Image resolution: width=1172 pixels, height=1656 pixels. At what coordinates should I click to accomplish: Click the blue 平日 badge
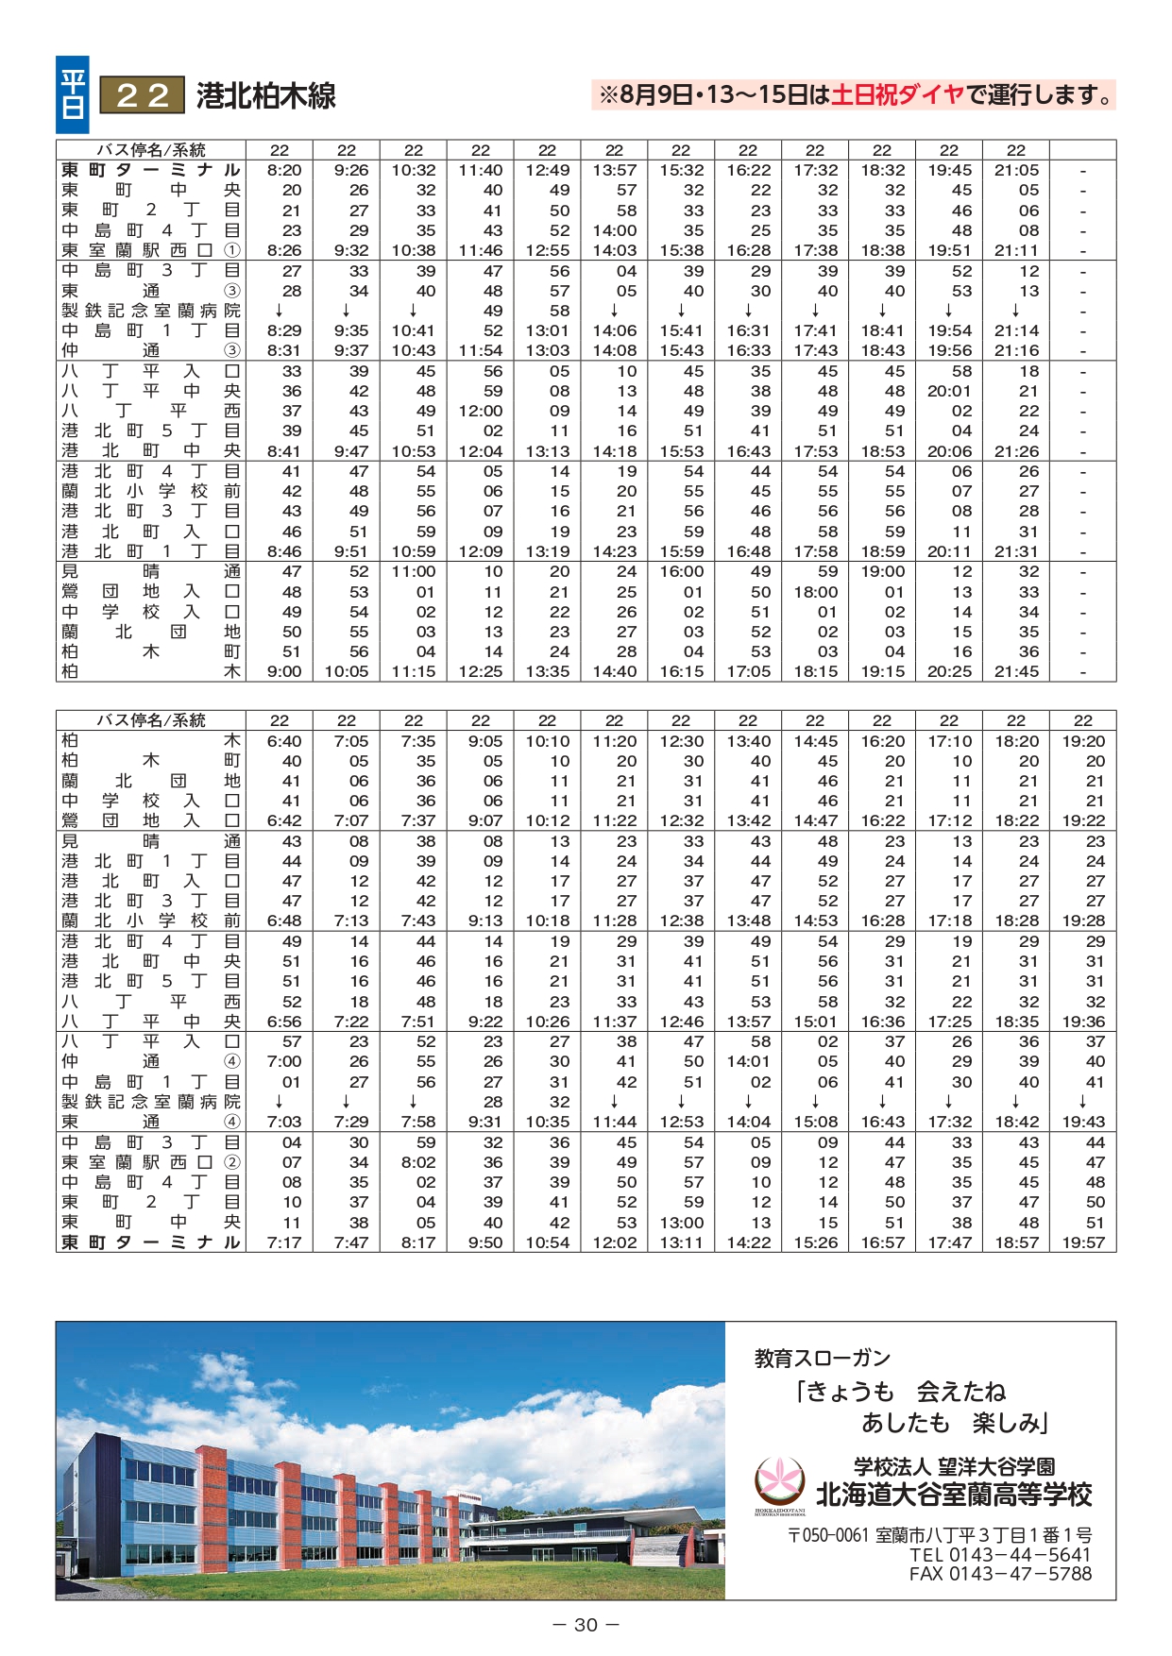(x=73, y=94)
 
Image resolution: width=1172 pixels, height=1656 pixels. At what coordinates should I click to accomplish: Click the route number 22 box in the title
(x=142, y=95)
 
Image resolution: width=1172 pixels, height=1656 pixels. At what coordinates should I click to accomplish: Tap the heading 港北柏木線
(x=265, y=96)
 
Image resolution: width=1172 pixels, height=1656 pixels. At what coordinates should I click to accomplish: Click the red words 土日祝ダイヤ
(x=897, y=94)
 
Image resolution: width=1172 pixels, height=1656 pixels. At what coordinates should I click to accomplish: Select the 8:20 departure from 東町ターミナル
(x=283, y=171)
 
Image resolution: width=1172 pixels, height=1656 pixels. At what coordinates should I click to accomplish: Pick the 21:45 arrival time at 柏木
(x=1016, y=672)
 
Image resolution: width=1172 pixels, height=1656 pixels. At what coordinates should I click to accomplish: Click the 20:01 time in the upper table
(x=949, y=391)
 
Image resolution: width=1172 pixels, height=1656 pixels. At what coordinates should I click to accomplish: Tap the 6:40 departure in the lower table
(x=283, y=741)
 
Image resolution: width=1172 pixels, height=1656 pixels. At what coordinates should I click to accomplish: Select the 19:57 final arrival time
(x=1082, y=1242)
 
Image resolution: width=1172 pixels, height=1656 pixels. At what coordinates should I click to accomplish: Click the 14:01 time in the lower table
(x=748, y=1061)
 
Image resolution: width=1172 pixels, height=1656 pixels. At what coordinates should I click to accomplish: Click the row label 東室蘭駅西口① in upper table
(x=151, y=250)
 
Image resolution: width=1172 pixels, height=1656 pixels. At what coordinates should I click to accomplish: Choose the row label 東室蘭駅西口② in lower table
(x=151, y=1162)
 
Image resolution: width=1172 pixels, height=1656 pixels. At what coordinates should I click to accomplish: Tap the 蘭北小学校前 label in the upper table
(x=151, y=491)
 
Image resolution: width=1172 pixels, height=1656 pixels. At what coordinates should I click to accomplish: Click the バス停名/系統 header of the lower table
(x=151, y=720)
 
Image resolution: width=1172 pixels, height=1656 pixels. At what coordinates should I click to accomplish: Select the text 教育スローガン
(x=822, y=1358)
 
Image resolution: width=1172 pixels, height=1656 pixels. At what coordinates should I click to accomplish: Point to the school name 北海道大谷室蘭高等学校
(x=954, y=1495)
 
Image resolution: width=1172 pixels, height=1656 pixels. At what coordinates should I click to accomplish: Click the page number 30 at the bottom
(x=586, y=1625)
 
